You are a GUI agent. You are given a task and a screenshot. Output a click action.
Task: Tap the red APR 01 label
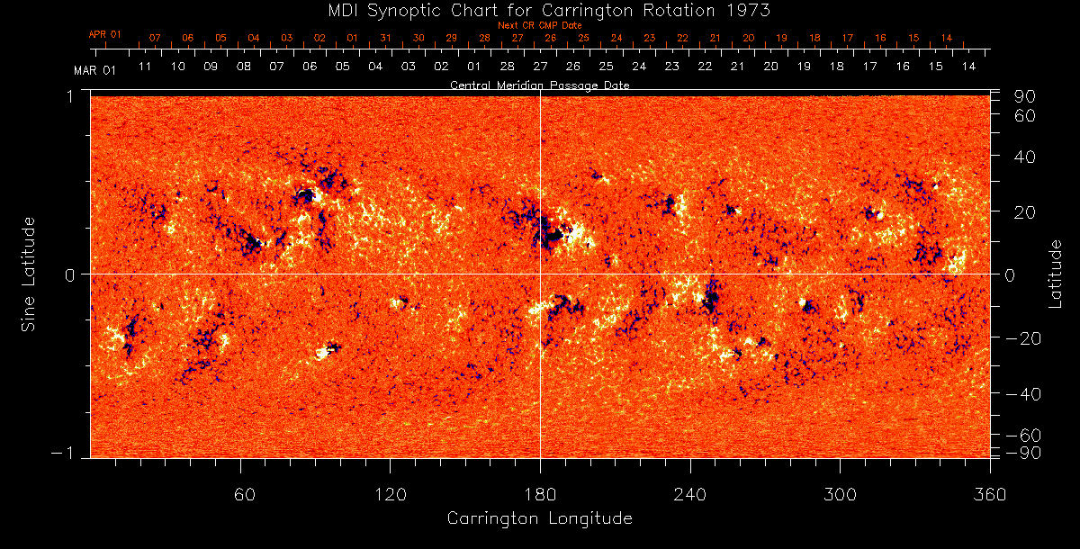(104, 34)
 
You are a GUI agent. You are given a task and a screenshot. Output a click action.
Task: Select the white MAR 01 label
(94, 69)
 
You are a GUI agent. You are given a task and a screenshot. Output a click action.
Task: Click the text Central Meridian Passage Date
(539, 85)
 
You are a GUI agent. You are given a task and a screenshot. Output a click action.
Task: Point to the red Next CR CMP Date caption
(540, 26)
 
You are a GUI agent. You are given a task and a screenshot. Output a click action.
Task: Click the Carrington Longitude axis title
(539, 518)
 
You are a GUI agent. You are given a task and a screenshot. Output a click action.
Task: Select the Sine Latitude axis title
(30, 274)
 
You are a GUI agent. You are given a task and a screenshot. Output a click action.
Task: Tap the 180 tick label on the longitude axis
(540, 494)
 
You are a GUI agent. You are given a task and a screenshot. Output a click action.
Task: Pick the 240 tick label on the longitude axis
(690, 494)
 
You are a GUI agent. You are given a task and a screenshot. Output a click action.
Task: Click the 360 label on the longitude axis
(988, 494)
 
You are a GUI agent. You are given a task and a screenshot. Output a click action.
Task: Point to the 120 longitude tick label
(390, 494)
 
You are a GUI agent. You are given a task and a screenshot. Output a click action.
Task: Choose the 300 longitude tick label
(840, 494)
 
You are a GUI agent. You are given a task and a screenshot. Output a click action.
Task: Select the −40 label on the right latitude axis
(1026, 394)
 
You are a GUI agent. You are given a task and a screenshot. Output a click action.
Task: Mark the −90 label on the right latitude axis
(1026, 452)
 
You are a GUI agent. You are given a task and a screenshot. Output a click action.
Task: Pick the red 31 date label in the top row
(385, 39)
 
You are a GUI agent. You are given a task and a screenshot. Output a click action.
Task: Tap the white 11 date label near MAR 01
(145, 67)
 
